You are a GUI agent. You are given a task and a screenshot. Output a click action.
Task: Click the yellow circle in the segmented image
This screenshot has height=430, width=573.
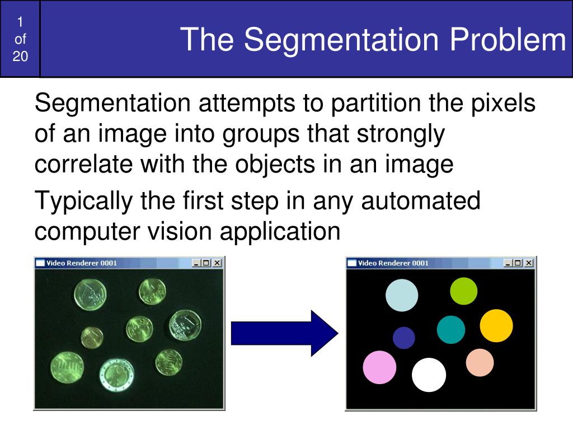496,326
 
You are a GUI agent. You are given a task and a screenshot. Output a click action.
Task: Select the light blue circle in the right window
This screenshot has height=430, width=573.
402,295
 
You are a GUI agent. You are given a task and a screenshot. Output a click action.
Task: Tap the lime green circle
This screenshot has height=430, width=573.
463,291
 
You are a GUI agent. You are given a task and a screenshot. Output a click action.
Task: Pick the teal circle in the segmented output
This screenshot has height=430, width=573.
451,329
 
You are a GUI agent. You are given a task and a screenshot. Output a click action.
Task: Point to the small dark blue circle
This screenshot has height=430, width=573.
404,338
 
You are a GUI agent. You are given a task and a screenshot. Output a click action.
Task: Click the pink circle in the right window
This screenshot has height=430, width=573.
379,367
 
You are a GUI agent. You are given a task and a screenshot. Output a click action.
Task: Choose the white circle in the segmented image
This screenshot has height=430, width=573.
429,375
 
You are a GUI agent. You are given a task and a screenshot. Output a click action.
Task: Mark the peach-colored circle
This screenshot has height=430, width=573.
480,362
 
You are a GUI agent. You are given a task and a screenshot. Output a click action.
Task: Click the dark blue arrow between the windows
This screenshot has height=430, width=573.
285,333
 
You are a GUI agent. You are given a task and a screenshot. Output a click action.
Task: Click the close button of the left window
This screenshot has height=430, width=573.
217,263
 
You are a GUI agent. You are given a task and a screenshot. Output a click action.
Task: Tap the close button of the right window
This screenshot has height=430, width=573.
528,263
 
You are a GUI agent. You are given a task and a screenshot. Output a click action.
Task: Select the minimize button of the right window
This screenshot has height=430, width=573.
508,263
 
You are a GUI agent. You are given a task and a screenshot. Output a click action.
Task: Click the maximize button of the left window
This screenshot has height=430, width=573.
206,263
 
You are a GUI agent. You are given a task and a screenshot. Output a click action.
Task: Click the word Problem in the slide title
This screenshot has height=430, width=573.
508,39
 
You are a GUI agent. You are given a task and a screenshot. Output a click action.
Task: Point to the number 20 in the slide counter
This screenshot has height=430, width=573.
20,57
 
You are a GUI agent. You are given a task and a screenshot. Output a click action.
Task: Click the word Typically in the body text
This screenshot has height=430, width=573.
84,202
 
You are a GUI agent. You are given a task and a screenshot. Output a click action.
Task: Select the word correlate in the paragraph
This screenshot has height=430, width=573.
83,164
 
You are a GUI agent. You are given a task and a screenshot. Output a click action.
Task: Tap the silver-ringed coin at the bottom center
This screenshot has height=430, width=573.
116,375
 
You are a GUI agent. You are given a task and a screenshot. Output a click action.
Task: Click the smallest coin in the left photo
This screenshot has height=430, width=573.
92,338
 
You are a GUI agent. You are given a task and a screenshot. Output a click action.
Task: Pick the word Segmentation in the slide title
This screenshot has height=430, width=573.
341,40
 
